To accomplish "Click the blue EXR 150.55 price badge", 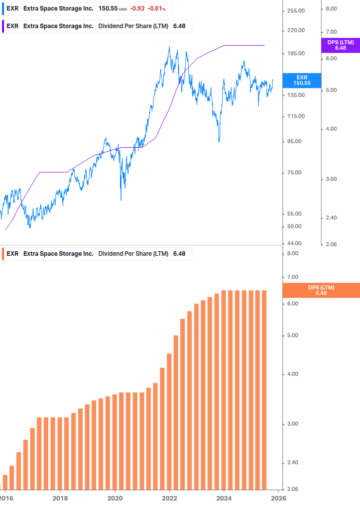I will (x=302, y=80).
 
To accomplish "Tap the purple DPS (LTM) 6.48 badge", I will (x=340, y=45).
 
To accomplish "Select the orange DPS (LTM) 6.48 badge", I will (x=321, y=290).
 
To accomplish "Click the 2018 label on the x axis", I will (x=60, y=498).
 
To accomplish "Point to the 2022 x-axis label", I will (x=170, y=498).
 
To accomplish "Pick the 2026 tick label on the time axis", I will (x=279, y=498).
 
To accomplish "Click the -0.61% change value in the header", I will (x=156, y=9).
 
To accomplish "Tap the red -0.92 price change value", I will (x=137, y=9).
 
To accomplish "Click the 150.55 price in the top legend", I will (x=108, y=9).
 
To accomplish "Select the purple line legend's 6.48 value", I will (x=179, y=26).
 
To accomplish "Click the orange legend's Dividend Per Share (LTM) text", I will (x=133, y=254).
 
